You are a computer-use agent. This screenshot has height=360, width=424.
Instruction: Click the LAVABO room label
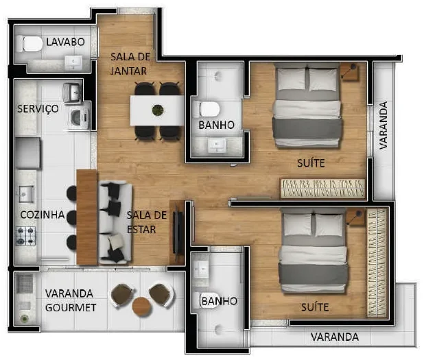tap(65, 42)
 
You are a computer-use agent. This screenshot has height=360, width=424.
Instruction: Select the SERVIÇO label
tap(38, 108)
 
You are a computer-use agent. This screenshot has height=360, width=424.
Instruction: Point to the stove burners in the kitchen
tap(25, 236)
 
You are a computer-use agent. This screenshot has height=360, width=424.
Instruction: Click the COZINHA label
tap(43, 215)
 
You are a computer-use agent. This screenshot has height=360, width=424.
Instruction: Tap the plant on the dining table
tap(158, 110)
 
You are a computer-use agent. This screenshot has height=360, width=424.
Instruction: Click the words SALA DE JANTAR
tap(130, 64)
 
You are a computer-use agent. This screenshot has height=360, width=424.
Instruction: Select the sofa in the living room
tap(115, 222)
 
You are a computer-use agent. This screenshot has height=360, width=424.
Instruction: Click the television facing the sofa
tap(177, 232)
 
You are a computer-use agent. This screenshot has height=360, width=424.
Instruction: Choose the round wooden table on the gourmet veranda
tap(141, 307)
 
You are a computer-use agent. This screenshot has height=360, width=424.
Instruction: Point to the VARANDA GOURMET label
tap(70, 300)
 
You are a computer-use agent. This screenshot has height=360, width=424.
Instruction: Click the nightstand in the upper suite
tap(349, 71)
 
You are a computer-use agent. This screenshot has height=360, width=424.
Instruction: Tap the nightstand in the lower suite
tap(355, 217)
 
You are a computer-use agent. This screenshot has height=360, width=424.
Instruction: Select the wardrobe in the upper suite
tap(323, 188)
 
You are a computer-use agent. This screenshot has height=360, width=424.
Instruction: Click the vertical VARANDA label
tap(383, 125)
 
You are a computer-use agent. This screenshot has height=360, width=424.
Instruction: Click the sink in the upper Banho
tap(217, 145)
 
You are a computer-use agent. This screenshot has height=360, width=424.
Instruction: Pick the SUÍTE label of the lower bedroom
tap(315, 307)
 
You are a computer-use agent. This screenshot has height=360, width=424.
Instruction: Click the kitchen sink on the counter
tap(26, 194)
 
